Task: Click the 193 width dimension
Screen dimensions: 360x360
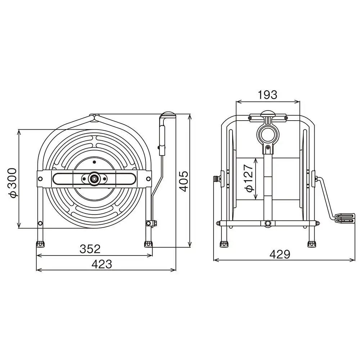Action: (x=267, y=95)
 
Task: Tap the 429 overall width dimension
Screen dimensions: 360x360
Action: (x=280, y=254)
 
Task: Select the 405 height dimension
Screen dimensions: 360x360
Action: (x=184, y=181)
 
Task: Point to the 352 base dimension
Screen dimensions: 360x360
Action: (x=90, y=249)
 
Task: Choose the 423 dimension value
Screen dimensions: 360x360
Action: (x=102, y=264)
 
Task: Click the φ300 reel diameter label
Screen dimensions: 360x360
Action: (x=12, y=183)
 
